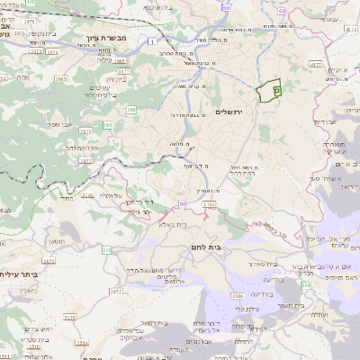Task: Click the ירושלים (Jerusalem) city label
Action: tap(230, 111)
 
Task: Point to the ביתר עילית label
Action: tap(19, 274)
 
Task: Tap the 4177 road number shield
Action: tap(315, 65)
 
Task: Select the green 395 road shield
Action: tap(107, 125)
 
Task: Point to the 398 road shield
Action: tap(304, 284)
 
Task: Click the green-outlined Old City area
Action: tap(269, 90)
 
